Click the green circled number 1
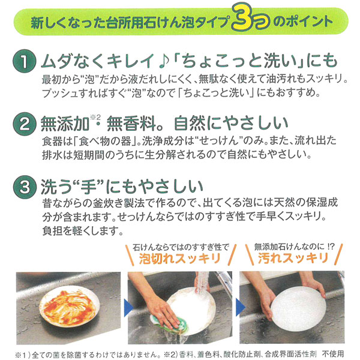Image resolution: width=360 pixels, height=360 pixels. click(x=22, y=63)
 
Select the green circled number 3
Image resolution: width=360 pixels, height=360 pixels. click(x=22, y=188)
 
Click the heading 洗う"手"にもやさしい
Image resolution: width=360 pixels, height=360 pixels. click(x=110, y=188)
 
